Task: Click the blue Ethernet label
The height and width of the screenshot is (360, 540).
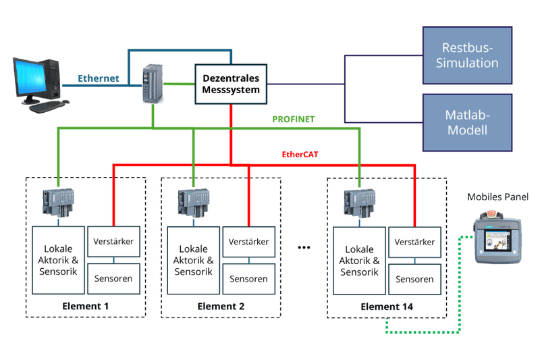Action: pyautogui.click(x=99, y=78)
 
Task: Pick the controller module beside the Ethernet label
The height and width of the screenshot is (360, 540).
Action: pyautogui.click(x=153, y=83)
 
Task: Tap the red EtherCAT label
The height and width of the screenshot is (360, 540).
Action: pyautogui.click(x=299, y=154)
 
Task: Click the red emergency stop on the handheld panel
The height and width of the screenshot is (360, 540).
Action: pyautogui.click(x=491, y=213)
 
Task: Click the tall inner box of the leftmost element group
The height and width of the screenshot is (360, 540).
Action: pyautogui.click(x=58, y=260)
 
